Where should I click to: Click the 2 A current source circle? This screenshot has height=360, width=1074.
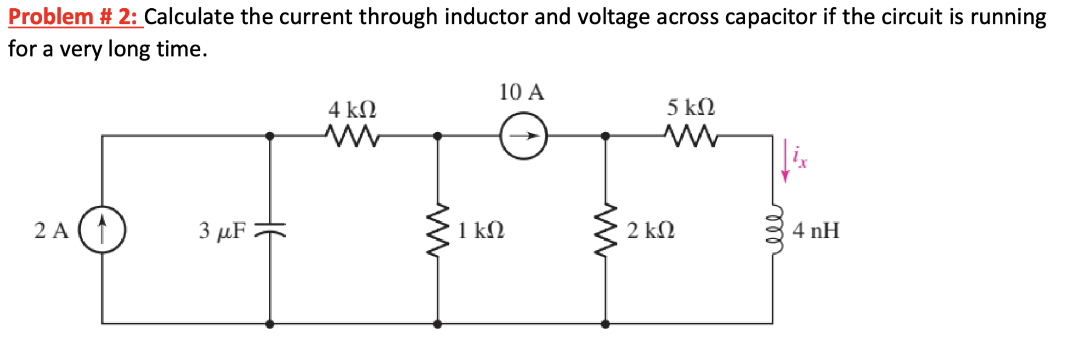coord(102,230)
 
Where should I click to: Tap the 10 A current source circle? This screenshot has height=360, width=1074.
coord(523,136)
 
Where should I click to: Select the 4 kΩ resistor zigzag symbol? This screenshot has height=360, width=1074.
coord(352,136)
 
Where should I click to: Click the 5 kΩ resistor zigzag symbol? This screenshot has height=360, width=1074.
coord(690,136)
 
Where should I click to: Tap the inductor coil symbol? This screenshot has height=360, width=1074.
coord(774,230)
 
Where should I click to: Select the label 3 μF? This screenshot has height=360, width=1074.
coord(222,231)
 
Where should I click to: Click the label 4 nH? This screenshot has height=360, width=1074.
coord(815,231)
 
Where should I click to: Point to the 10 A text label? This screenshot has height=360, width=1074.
coord(521,92)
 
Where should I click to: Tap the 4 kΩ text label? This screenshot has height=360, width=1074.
coord(352,110)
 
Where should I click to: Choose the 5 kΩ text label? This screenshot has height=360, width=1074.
coord(690,107)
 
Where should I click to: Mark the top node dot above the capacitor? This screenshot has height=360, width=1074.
coord(270,136)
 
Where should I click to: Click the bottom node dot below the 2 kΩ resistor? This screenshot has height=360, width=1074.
coord(605,324)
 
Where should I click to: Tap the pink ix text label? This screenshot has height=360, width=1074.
coord(800,158)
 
